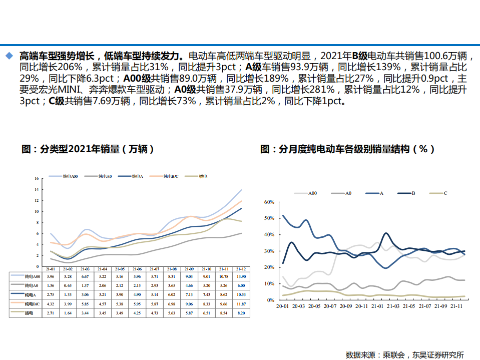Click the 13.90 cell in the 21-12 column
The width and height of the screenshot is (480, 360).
click(x=240, y=276)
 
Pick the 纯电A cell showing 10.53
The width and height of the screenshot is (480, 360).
click(x=240, y=294)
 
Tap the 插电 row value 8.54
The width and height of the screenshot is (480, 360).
click(x=223, y=313)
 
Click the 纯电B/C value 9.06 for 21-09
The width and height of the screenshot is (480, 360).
click(x=189, y=304)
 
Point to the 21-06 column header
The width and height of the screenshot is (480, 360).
click(x=138, y=269)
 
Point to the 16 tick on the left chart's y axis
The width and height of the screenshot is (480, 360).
click(x=37, y=178)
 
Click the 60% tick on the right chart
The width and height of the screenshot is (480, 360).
click(x=269, y=202)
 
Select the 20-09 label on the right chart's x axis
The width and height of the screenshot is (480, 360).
click(x=345, y=306)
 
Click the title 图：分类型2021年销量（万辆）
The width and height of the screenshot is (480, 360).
click(x=88, y=149)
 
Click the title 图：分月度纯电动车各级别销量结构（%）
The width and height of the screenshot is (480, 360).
click(x=347, y=149)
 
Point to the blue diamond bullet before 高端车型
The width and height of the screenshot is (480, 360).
click(x=9, y=55)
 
